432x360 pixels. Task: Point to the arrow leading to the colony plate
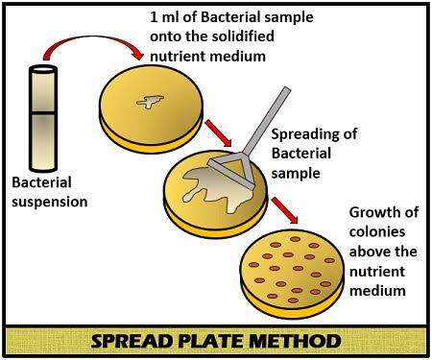[x=282, y=208]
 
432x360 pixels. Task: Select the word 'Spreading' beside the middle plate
[x=307, y=135]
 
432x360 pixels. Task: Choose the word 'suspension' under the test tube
[x=49, y=203]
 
